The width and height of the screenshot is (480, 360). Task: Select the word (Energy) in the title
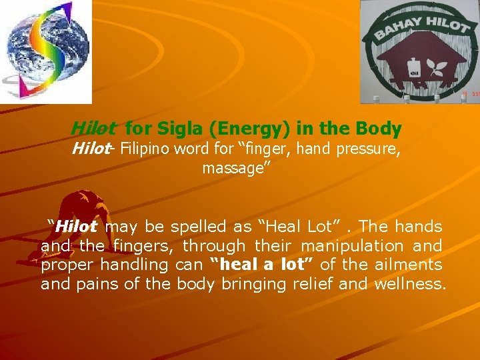pyautogui.click(x=245, y=128)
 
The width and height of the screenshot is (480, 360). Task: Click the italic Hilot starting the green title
pyautogui.click(x=93, y=128)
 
